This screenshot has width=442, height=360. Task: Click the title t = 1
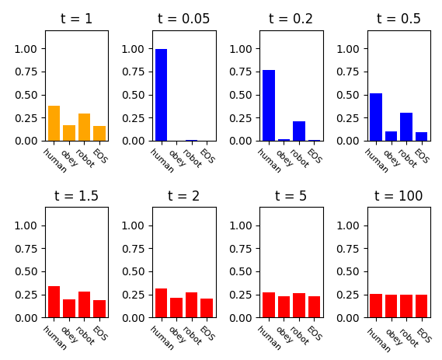[x=76, y=19]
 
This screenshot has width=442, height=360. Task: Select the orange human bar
[x=54, y=124]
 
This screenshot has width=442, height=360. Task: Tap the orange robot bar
[x=85, y=128]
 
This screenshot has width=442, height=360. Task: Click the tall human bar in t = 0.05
[x=162, y=95]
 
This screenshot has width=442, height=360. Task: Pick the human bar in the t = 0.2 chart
[x=269, y=105]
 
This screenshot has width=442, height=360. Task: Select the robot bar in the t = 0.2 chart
[x=299, y=131]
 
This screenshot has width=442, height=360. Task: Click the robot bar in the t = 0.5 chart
[x=406, y=127]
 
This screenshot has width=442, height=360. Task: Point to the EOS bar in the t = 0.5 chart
[x=422, y=137]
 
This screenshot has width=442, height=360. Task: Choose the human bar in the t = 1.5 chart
[x=54, y=302]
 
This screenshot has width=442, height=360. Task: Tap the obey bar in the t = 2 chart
[x=176, y=308]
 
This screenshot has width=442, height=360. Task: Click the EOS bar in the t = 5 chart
[x=315, y=307]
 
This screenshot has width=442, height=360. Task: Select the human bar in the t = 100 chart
[x=376, y=306]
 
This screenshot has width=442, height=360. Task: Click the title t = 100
[x=398, y=195]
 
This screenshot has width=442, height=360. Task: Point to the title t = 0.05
[x=184, y=19]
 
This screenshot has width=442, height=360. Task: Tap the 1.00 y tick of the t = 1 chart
[x=26, y=49]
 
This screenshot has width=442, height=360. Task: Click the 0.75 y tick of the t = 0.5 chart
[x=348, y=72]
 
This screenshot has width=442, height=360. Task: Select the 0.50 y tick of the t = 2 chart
[x=133, y=271]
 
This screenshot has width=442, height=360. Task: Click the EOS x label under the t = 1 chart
[x=100, y=156]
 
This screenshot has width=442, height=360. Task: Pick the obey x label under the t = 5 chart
[x=284, y=335]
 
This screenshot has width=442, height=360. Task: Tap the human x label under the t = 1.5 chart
[x=55, y=337]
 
